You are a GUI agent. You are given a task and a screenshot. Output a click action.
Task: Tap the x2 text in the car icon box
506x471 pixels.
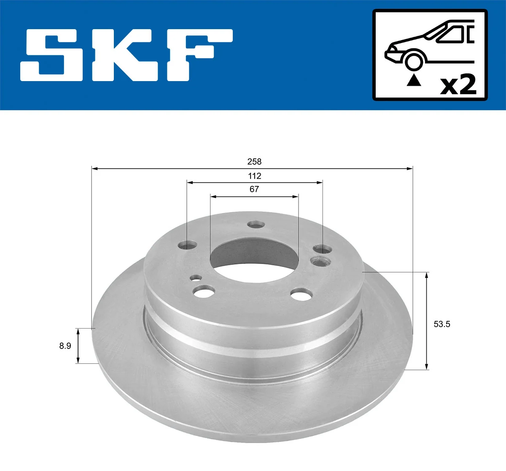pos(458,84)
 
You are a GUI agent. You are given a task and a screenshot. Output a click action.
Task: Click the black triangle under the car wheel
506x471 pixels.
pos(414,80)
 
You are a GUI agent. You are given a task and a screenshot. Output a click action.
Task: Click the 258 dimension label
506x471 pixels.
pos(254,162)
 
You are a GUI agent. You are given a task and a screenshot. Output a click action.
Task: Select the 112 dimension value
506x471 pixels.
pos(254,176)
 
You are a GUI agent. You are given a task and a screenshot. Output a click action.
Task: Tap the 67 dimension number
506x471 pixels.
pos(254,189)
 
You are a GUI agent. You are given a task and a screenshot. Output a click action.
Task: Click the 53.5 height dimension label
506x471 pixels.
pos(442,324)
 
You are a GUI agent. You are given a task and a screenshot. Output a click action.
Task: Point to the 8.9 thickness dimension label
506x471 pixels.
pos(65,346)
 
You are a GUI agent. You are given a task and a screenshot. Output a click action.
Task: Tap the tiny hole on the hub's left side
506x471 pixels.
pos(195,278)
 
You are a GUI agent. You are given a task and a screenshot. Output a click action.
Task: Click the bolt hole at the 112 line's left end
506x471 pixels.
pos(188,245)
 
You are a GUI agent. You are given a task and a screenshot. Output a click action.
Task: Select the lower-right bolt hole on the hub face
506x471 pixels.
pos(301,294)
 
